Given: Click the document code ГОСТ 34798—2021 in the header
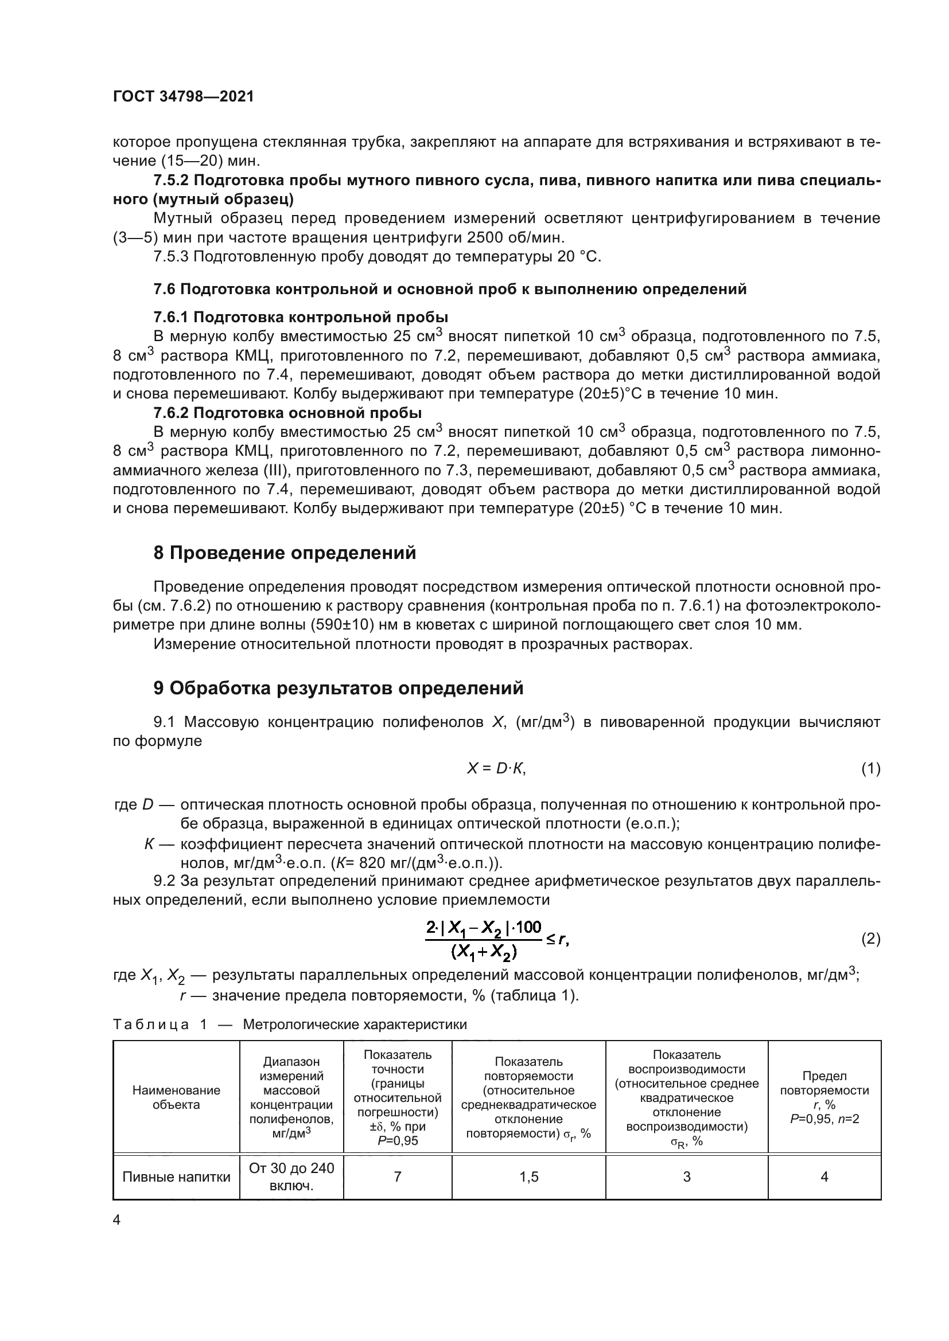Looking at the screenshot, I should click(x=184, y=97).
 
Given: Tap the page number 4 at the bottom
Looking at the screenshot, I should click(x=117, y=1220).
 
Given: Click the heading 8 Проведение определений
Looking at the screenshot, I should click(x=285, y=553).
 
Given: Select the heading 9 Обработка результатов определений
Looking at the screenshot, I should click(x=339, y=689).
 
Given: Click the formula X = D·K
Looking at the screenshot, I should click(x=496, y=769).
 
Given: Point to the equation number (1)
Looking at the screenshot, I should click(x=871, y=769).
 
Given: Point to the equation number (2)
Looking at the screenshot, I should click(x=871, y=939).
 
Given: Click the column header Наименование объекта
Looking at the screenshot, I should click(x=177, y=1097).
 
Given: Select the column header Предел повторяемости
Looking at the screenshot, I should click(x=824, y=1097).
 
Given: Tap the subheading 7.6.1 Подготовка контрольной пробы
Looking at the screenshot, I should click(x=300, y=317).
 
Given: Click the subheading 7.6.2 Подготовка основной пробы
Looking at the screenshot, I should click(x=287, y=413).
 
